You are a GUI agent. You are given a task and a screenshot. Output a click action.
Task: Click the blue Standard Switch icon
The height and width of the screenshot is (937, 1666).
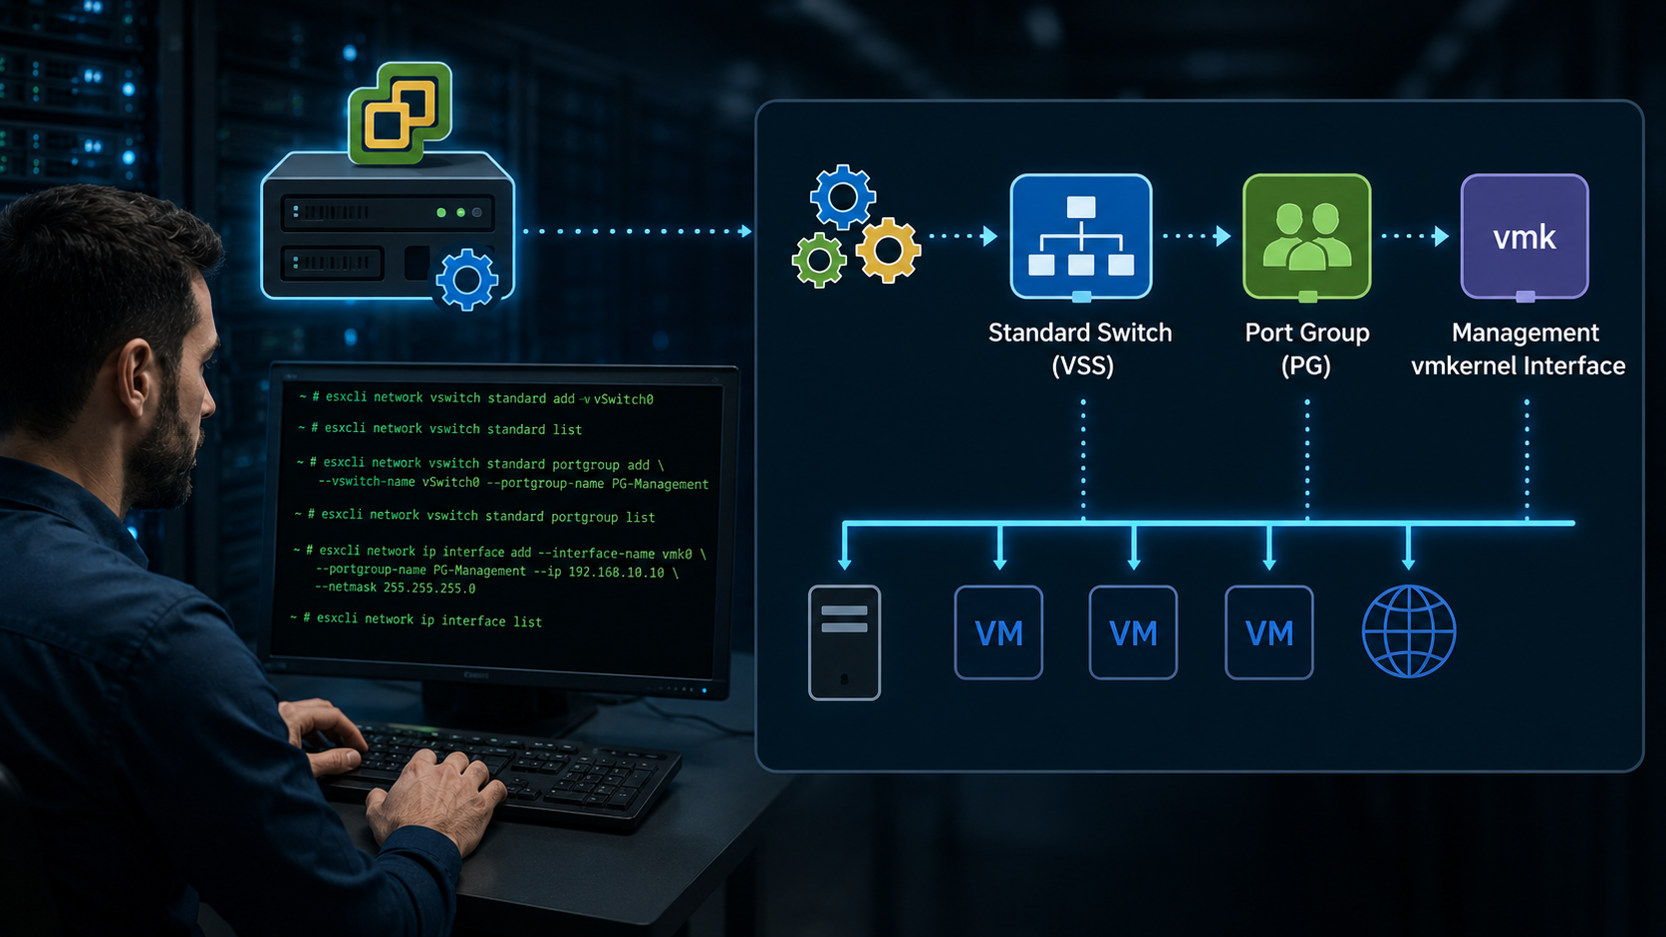[1081, 236]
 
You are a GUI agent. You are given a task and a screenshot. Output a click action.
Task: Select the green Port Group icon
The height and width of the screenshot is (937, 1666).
[1306, 236]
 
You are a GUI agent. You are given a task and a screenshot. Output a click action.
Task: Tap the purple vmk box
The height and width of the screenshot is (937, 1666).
[1525, 236]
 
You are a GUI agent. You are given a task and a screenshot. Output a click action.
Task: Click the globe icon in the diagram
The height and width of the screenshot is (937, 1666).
[1409, 631]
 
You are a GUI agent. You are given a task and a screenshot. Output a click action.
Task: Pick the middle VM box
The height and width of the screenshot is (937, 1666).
[1133, 632]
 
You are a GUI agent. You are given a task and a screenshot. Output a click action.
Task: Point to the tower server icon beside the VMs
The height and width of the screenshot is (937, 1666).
[844, 642]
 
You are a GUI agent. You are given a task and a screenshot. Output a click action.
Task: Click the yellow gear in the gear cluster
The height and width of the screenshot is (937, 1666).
[888, 250]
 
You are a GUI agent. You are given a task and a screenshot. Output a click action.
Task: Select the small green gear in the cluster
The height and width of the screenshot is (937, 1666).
[819, 260]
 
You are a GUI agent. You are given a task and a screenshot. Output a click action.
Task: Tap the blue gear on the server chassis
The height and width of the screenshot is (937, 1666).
[467, 280]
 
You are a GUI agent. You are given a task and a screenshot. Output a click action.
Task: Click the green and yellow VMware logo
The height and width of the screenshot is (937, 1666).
[401, 113]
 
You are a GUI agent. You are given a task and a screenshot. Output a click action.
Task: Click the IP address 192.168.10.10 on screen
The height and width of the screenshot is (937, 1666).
[616, 573]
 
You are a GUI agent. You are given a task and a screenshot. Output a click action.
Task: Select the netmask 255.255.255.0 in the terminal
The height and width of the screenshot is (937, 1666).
[429, 587]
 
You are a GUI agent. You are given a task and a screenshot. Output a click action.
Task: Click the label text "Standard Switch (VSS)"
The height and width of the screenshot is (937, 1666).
[1081, 349]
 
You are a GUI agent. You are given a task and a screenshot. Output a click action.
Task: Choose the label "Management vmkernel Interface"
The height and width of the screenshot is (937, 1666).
[1519, 349]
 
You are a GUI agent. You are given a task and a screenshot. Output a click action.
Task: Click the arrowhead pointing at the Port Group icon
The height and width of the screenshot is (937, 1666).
[1223, 236]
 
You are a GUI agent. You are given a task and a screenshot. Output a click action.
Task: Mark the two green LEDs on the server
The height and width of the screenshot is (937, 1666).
[450, 213]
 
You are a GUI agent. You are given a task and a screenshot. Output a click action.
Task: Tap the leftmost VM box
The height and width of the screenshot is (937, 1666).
[998, 632]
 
